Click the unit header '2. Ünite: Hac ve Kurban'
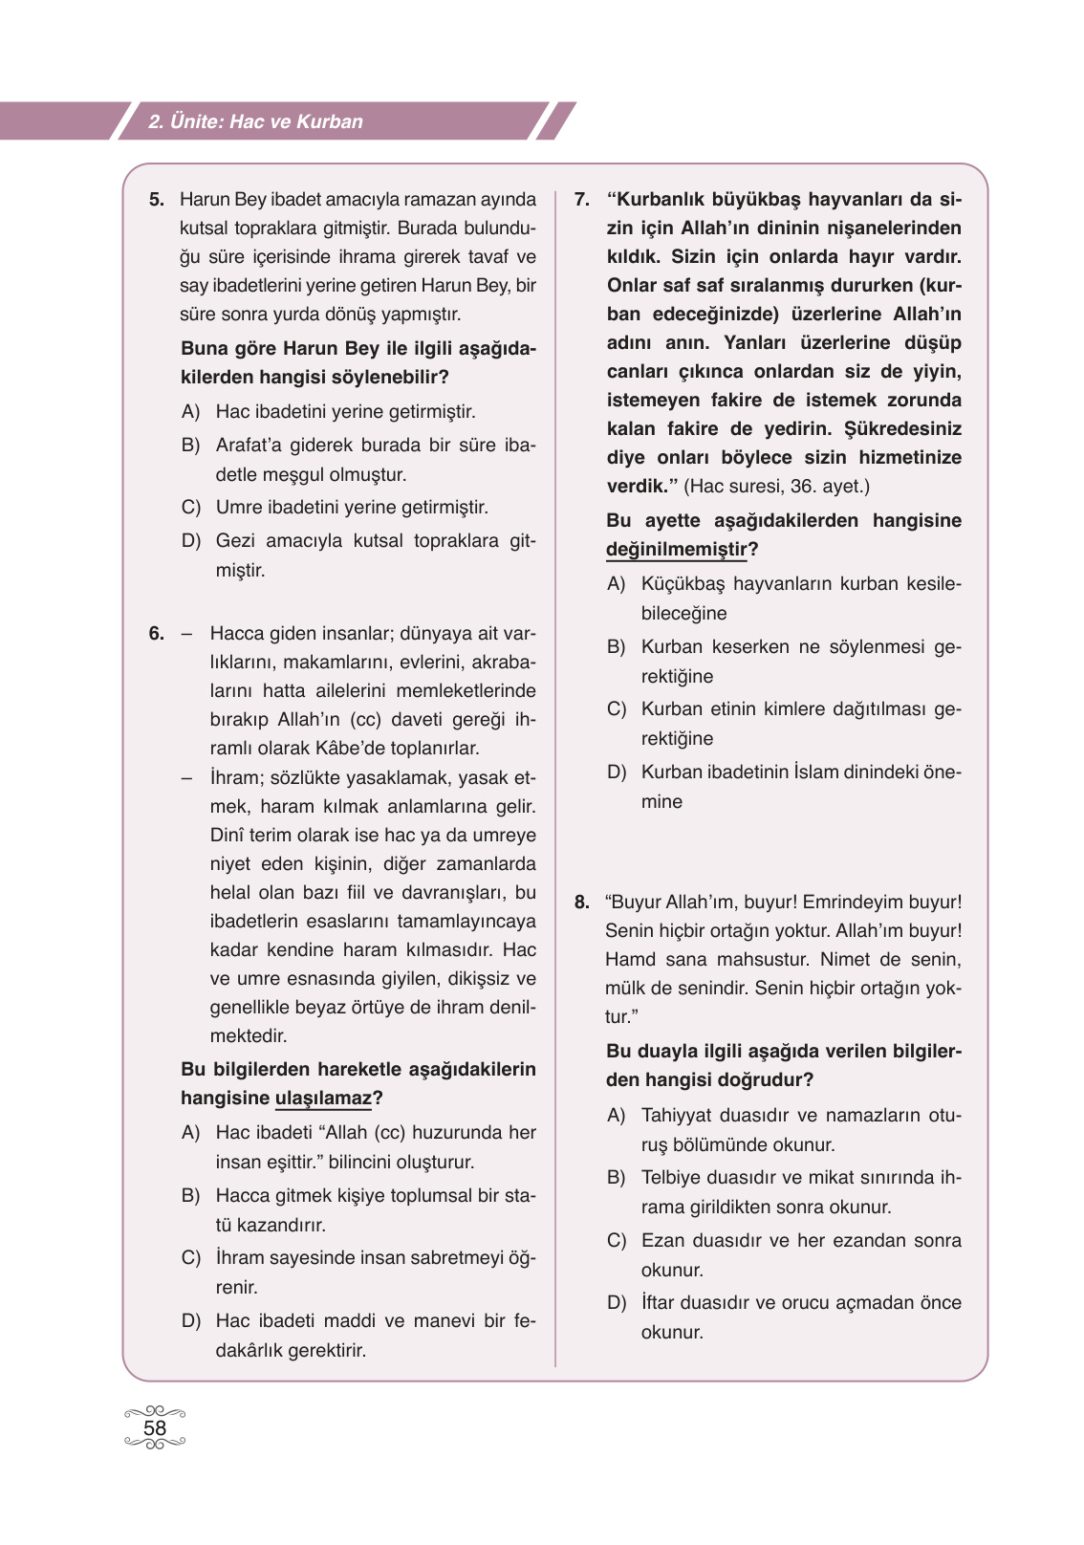[256, 121]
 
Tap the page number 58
[154, 1427]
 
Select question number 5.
[157, 200]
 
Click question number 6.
[157, 633]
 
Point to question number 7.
[582, 200]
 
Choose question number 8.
[582, 902]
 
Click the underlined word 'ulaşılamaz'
[323, 1098]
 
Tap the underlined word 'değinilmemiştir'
[676, 549]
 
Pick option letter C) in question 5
[191, 508]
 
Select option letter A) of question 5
[191, 412]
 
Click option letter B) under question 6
[191, 1196]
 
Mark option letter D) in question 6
[191, 1321]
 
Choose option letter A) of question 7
[617, 584]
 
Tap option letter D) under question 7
[617, 772]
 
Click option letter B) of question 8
[617, 1178]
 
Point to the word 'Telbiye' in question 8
[671, 1178]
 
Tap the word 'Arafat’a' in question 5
[249, 446]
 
